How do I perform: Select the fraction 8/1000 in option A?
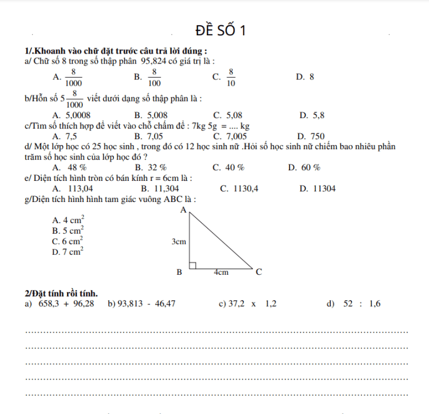(73, 76)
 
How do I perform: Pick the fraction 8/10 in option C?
(231, 76)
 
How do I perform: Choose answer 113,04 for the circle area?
(81, 189)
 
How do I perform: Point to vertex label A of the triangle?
(183, 209)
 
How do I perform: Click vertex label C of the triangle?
(258, 272)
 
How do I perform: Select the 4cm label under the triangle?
(221, 272)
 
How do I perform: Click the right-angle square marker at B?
(192, 265)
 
